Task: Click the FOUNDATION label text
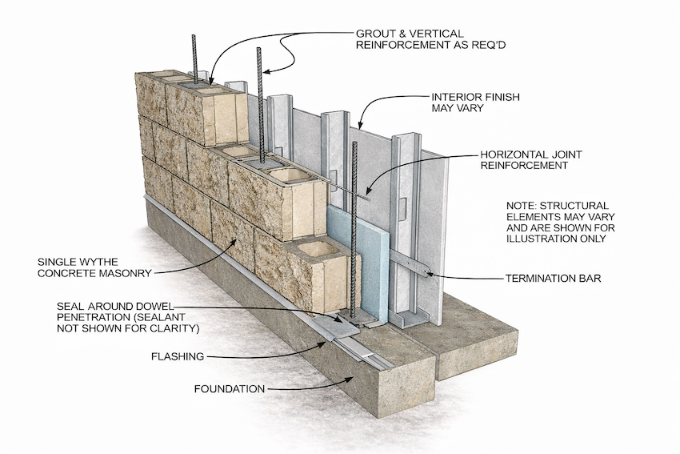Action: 229,389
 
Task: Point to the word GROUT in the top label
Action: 375,34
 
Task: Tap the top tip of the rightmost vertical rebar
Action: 354,143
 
